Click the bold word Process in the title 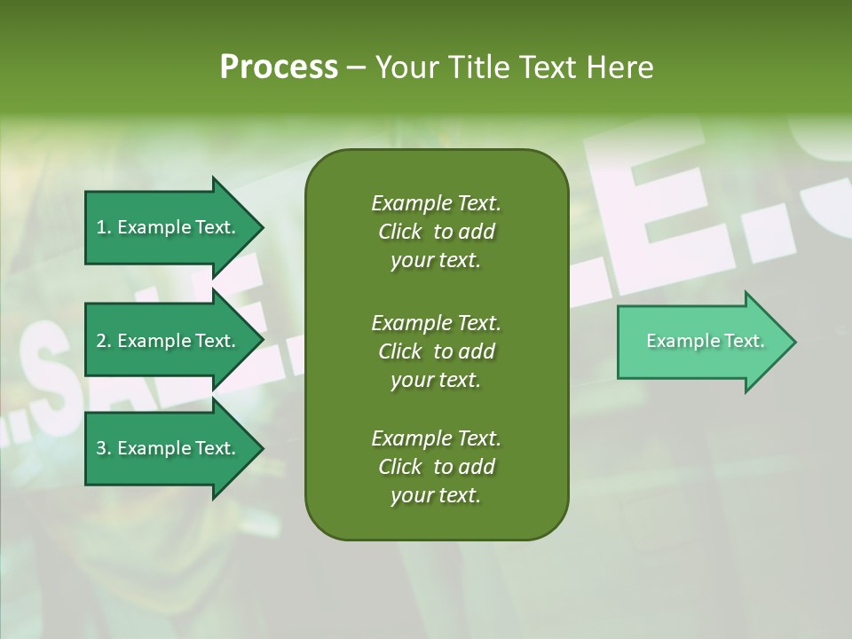coord(279,67)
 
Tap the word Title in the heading coord(484,67)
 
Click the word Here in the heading coord(619,67)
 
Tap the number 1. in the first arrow coord(104,227)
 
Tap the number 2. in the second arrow coord(104,341)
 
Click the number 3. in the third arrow coord(104,448)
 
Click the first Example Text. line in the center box coord(436,203)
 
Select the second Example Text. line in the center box coord(436,322)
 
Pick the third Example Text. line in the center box coord(436,438)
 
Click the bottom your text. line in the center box coord(436,496)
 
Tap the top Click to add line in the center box coord(436,232)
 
